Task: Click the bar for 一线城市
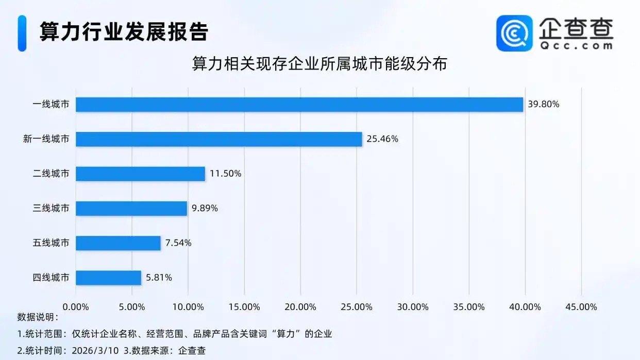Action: [299, 105]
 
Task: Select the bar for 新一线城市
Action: [219, 139]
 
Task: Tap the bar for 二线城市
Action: [140, 174]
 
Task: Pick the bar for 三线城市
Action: [131, 208]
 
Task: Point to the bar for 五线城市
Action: [118, 243]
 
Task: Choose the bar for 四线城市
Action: [108, 278]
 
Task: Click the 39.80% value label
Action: [543, 105]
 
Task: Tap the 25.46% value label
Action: [382, 139]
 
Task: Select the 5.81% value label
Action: [159, 278]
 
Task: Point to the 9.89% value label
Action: [205, 208]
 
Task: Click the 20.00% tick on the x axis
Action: [300, 307]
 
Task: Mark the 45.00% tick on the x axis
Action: [581, 307]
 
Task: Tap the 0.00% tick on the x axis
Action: [76, 307]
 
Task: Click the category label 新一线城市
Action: [46, 139]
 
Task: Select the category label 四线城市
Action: [50, 278]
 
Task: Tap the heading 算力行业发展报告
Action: [124, 32]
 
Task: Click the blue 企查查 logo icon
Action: [514, 33]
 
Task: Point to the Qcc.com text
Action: [576, 45]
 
